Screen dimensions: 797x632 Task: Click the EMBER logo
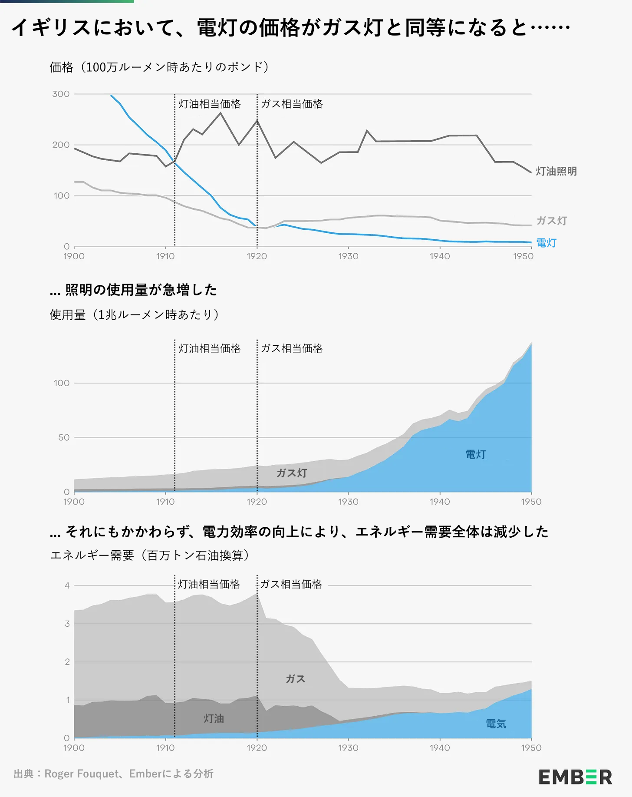pos(575,777)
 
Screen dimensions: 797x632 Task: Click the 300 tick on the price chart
pos(61,94)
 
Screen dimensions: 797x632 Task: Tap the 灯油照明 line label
pos(556,171)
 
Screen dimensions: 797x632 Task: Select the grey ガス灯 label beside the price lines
pos(551,221)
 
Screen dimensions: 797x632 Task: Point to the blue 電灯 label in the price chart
pos(546,243)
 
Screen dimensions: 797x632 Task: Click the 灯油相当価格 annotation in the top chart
pos(210,104)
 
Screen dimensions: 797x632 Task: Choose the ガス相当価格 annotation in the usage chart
pos(292,349)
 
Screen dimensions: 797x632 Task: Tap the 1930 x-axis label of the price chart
pos(348,256)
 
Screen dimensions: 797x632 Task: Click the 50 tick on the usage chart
pos(64,438)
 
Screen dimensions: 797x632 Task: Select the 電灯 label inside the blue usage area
pos(475,454)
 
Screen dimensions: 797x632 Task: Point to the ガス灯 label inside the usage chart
pos(292,473)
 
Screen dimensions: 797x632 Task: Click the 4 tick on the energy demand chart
pos(67,585)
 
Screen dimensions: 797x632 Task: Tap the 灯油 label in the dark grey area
pos(214,718)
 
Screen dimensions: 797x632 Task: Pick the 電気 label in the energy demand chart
pos(496,724)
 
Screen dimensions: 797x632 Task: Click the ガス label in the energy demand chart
pos(295,679)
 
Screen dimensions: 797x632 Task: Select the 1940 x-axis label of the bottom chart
pos(440,748)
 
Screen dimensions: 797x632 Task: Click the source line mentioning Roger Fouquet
pos(113,774)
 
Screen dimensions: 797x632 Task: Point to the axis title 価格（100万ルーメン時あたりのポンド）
pos(159,67)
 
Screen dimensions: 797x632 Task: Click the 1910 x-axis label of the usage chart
pos(165,502)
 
